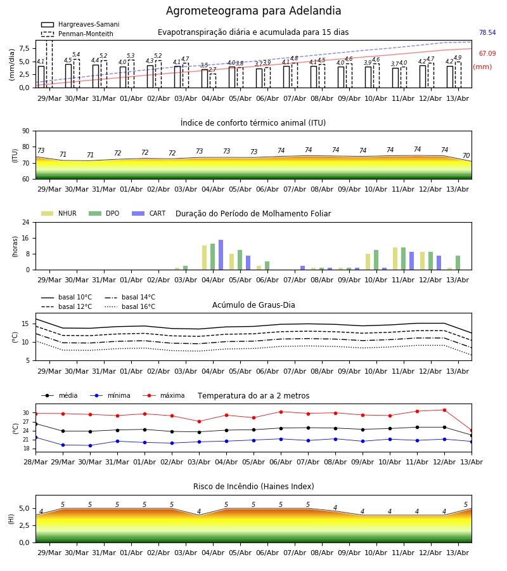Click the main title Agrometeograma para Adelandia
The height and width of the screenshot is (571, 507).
(x=253, y=11)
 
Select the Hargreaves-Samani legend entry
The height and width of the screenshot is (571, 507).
(x=80, y=24)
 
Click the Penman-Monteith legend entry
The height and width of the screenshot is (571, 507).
(x=77, y=34)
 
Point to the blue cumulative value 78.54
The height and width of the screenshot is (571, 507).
(x=487, y=32)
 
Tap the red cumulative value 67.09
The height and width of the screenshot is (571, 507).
(x=487, y=53)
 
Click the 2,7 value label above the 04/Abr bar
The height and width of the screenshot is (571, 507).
(x=212, y=69)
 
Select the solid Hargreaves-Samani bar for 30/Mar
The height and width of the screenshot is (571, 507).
(x=68, y=75)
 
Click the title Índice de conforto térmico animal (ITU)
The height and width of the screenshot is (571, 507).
(x=253, y=123)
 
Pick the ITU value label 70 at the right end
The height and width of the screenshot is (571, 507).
(x=466, y=155)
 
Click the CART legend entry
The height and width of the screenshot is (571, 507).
(x=149, y=213)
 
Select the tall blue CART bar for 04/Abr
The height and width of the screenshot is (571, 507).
(x=221, y=255)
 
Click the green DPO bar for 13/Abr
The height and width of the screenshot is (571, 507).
(x=458, y=263)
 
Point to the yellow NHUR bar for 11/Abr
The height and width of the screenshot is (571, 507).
(x=395, y=259)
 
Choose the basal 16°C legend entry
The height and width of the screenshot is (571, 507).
(x=130, y=306)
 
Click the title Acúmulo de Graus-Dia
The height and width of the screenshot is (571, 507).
(x=253, y=305)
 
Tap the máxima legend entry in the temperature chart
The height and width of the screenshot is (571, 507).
(x=164, y=395)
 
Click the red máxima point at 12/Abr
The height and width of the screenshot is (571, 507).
(x=444, y=410)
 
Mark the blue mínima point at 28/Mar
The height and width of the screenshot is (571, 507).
(x=35, y=437)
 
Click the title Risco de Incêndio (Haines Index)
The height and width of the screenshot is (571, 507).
(x=253, y=487)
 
